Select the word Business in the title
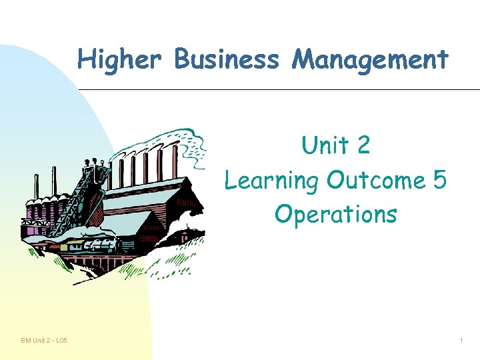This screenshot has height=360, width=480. [226, 59]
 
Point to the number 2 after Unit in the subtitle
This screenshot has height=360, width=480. [363, 145]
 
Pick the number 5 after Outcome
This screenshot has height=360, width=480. [438, 180]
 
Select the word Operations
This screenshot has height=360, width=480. [335, 214]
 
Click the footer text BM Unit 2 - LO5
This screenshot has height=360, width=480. [44, 341]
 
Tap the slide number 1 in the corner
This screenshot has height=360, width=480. [461, 341]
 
